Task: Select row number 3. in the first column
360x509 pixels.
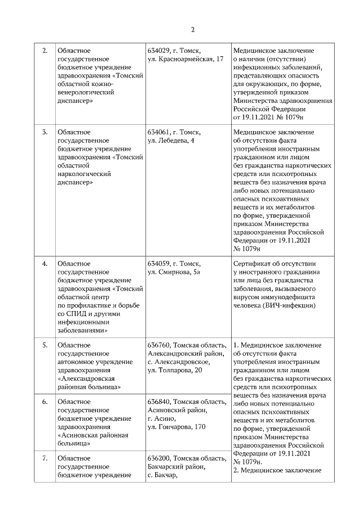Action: (x=46, y=132)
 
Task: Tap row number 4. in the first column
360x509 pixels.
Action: (x=46, y=263)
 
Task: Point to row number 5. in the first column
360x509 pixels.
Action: (x=46, y=345)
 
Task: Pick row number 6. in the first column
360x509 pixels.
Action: (x=46, y=402)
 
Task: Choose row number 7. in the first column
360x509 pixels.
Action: (x=46, y=460)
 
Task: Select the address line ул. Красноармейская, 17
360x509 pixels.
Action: (x=186, y=59)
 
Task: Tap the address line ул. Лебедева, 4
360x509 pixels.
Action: (x=171, y=140)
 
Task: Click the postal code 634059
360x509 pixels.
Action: (x=159, y=263)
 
